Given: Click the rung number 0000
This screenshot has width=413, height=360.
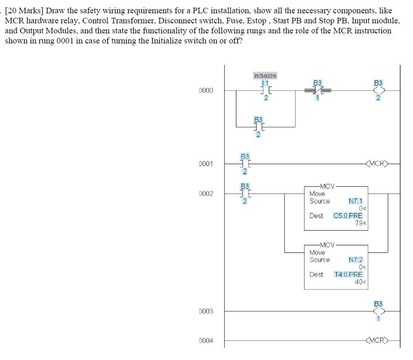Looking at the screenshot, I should (206, 90).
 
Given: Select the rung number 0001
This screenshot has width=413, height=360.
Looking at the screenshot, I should (206, 164).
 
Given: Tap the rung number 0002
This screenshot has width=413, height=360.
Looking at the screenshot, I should (206, 194).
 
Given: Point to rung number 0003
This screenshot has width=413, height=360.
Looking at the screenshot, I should (206, 311).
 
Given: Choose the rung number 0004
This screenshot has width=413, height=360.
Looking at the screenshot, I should (206, 341).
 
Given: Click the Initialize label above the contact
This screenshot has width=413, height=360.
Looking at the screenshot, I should (265, 75).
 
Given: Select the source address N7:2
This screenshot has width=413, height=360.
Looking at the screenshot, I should (355, 259).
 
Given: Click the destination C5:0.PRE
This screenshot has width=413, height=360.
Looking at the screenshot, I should (348, 216).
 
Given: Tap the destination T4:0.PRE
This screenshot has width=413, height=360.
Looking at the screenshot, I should (348, 274).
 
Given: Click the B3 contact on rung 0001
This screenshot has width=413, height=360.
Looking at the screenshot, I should (245, 164).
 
